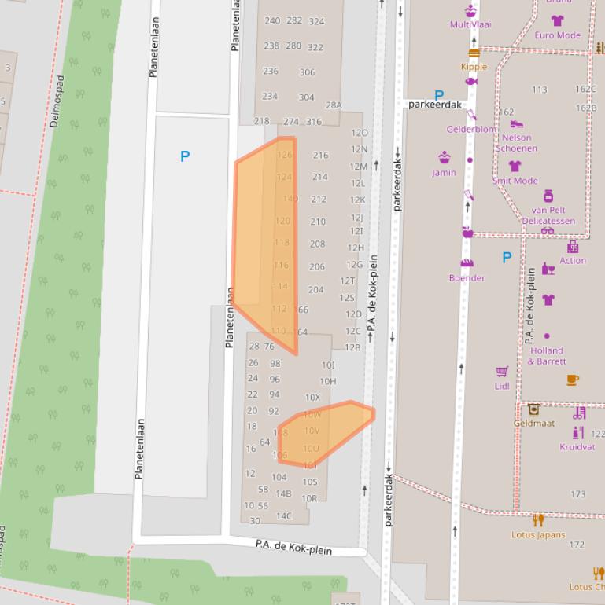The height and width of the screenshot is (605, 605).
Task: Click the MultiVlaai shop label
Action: (x=470, y=24)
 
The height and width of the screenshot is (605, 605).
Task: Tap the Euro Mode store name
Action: (x=557, y=35)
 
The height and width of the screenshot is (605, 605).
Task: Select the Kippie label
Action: (x=474, y=67)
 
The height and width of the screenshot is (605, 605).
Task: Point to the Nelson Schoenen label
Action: (x=516, y=143)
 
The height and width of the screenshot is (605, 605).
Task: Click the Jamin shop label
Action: (x=444, y=173)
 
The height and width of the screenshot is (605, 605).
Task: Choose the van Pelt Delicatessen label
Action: (x=548, y=215)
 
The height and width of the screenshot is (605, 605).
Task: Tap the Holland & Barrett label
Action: (x=547, y=356)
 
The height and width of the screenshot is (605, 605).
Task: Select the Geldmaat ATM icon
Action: (x=534, y=409)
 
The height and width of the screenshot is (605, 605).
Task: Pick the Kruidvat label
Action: (x=577, y=447)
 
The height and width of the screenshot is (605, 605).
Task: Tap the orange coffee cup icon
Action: (x=573, y=379)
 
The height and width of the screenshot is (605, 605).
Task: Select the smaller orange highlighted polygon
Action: (x=323, y=432)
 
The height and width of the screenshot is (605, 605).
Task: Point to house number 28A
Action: (x=334, y=105)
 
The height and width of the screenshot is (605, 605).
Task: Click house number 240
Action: (x=272, y=21)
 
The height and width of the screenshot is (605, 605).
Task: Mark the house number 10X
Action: (x=312, y=398)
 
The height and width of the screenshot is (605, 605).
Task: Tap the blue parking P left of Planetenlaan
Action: (x=185, y=156)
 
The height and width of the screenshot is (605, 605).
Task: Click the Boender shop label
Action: (x=467, y=278)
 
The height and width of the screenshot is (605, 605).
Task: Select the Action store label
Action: (x=573, y=261)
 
